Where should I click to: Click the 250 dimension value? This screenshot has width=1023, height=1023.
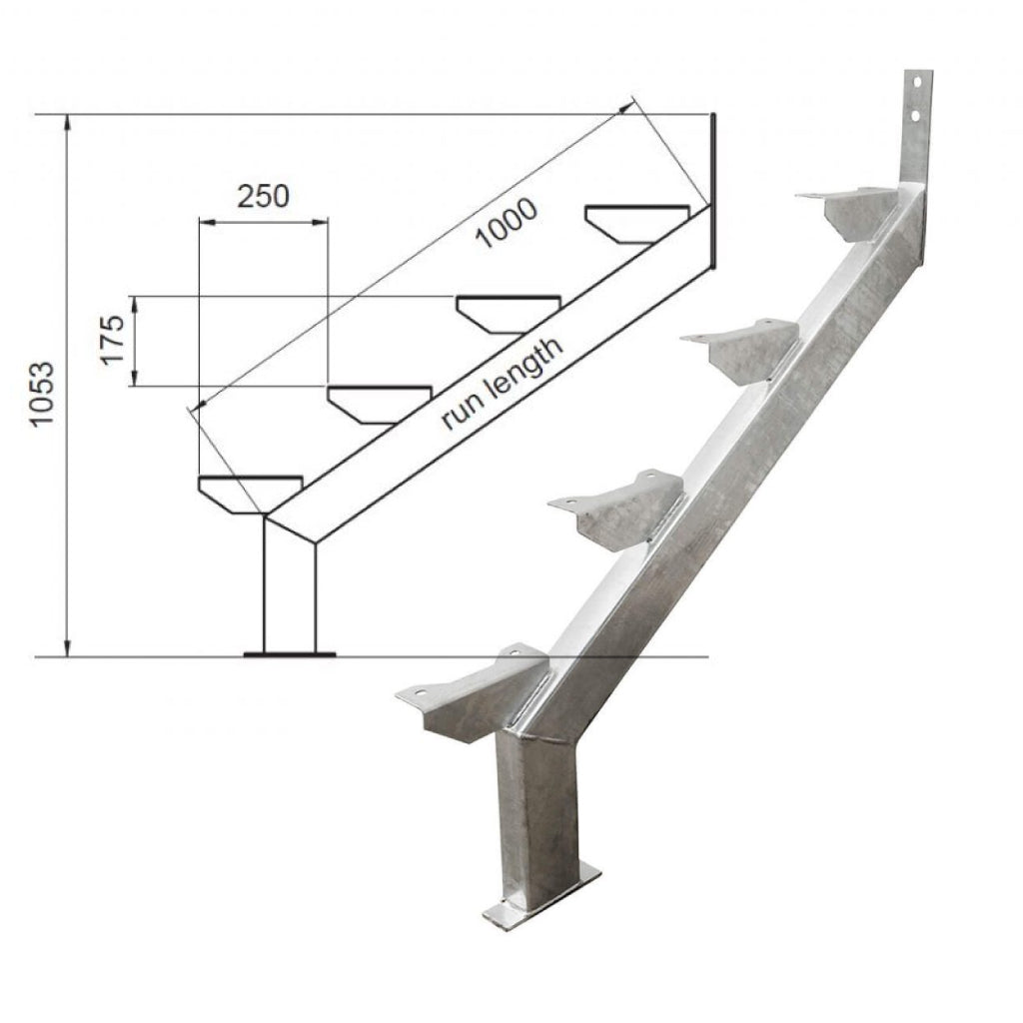click(x=263, y=195)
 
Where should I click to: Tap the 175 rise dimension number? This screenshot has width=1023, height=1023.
click(x=112, y=340)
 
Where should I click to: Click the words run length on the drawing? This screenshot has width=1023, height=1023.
click(x=503, y=382)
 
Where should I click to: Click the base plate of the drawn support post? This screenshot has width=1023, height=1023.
click(x=290, y=655)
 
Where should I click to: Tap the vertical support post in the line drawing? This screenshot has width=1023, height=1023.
click(x=289, y=589)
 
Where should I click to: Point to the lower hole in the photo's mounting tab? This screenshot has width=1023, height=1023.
click(x=914, y=117)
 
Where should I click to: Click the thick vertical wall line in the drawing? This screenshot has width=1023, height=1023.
click(x=713, y=190)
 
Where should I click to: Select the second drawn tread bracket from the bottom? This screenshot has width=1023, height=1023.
click(x=380, y=404)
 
